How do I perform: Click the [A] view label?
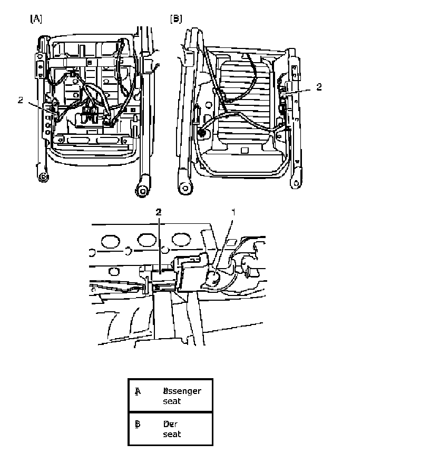point(36,19)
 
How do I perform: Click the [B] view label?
point(176,19)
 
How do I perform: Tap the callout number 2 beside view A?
point(20,100)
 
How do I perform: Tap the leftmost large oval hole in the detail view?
point(110,242)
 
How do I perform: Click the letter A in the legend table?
point(138,391)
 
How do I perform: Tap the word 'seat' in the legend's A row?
point(172,401)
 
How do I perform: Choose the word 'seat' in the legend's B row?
point(172,434)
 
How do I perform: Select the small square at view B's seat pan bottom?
point(244,150)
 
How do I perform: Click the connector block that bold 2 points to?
point(164,276)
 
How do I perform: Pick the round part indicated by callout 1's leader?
point(212,278)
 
